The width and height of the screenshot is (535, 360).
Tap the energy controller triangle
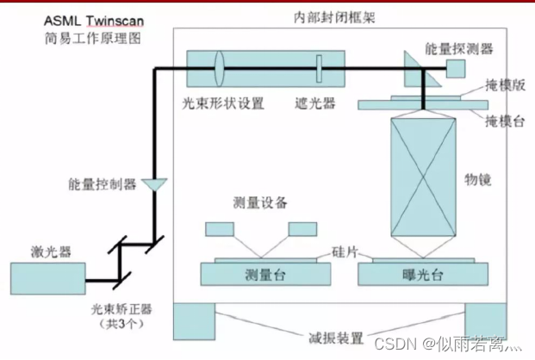click(x=155, y=184)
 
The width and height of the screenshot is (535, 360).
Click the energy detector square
click(x=454, y=67)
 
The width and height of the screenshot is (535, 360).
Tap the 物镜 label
click(x=477, y=180)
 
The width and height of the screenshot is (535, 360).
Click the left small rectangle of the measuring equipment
click(x=218, y=229)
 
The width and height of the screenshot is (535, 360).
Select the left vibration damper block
click(x=194, y=321)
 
